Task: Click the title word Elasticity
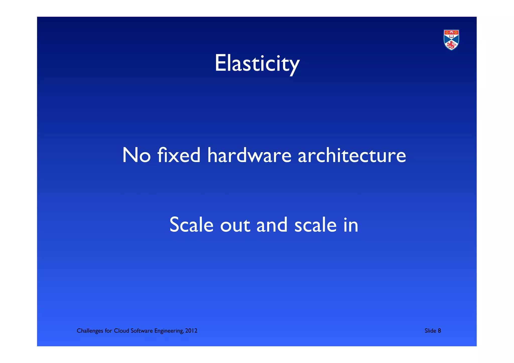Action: pos(257,64)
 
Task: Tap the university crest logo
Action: pos(451,40)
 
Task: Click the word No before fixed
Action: pos(136,155)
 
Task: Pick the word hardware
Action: pos(249,155)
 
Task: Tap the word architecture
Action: pos(352,155)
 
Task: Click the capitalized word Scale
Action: pos(191,225)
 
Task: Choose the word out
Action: pos(235,225)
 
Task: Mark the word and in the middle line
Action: pos(272,225)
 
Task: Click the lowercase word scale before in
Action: pos(315,225)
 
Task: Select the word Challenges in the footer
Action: pos(90,331)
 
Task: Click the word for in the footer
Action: pos(108,331)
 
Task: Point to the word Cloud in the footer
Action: pos(121,331)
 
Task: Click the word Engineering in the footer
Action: pos(169,331)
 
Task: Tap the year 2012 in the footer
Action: pos(191,331)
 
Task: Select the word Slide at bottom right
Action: pos(430,331)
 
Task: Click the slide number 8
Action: pos(439,331)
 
